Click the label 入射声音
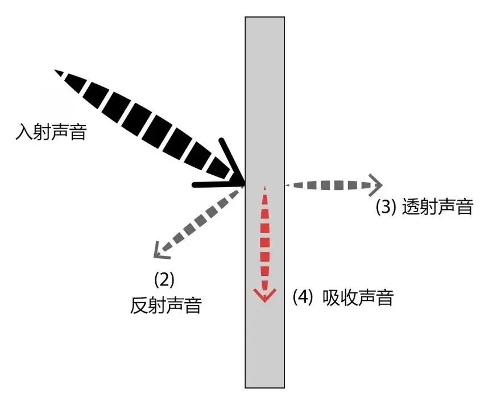[51, 132]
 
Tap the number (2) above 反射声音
[164, 280]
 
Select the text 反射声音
[165, 305]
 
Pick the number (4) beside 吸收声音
[303, 297]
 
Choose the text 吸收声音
[358, 297]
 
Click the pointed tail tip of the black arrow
[56, 71]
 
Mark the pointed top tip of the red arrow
[265, 187]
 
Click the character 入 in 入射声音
[24, 132]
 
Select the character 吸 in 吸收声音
[331, 297]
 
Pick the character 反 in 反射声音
[139, 305]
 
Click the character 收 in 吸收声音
[349, 297]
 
